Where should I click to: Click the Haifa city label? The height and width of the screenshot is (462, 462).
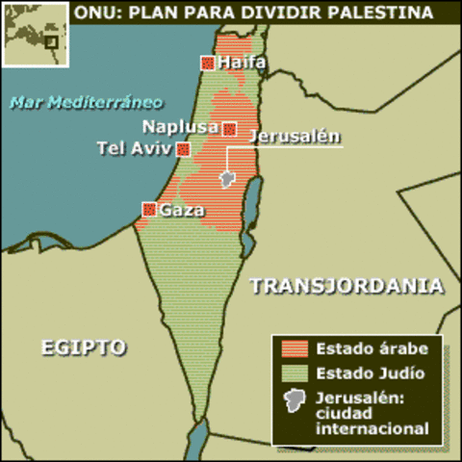pyautogui.click(x=242, y=64)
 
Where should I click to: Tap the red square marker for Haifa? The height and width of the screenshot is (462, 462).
pyautogui.click(x=207, y=64)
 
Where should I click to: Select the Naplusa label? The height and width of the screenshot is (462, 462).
pyautogui.click(x=180, y=127)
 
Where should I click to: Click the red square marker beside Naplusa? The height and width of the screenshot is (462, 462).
pyautogui.click(x=230, y=128)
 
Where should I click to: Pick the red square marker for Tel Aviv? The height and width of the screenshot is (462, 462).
pyautogui.click(x=183, y=149)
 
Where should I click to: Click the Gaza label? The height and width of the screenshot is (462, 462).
pyautogui.click(x=182, y=210)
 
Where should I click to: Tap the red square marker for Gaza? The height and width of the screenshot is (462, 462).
pyautogui.click(x=149, y=209)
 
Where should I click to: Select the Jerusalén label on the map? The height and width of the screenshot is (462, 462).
pyautogui.click(x=294, y=136)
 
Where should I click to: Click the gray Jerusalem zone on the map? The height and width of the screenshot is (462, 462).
pyautogui.click(x=228, y=179)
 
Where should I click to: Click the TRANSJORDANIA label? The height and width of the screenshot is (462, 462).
pyautogui.click(x=346, y=286)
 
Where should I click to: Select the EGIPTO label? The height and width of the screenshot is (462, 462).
pyautogui.click(x=84, y=346)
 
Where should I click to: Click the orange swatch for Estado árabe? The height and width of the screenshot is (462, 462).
pyautogui.click(x=295, y=348)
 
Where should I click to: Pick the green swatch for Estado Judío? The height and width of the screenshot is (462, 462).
pyautogui.click(x=295, y=372)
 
